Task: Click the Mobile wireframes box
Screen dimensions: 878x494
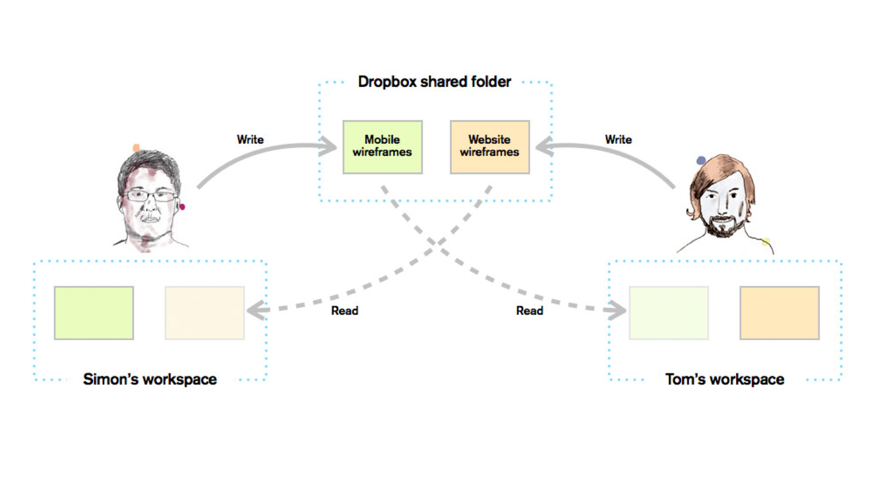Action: [x=383, y=147]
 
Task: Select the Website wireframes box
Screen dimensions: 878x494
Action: [x=490, y=147]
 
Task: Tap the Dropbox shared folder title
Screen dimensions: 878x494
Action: [x=434, y=82]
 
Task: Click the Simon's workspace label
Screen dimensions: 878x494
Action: [x=150, y=379]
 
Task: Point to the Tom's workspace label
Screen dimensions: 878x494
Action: [x=725, y=379]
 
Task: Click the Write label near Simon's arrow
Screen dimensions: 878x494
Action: [x=250, y=140]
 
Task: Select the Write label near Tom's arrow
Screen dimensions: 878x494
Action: [x=618, y=140]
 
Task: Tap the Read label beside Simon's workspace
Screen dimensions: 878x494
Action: [x=345, y=311]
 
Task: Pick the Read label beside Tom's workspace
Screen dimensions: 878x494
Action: [x=530, y=311]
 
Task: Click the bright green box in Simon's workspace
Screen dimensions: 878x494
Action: [x=94, y=313]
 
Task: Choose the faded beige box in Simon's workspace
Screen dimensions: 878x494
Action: [x=204, y=313]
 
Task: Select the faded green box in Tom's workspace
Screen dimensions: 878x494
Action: [x=669, y=313]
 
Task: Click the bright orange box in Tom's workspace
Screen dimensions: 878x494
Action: [x=780, y=313]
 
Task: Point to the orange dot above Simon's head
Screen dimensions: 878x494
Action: [x=136, y=148]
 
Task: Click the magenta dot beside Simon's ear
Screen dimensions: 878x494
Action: [x=182, y=207]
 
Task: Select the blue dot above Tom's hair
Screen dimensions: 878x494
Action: [x=701, y=161]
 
